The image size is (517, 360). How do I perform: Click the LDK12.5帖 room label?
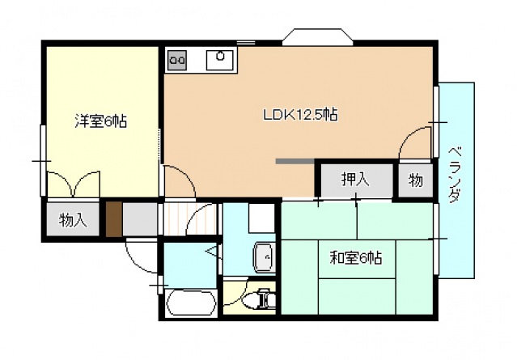(x=300, y=115)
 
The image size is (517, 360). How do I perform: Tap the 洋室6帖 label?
(x=100, y=121)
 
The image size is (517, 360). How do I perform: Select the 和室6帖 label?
(x=356, y=259)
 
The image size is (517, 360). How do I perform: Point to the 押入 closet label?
(x=354, y=180)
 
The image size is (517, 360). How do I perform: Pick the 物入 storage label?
(x=74, y=219)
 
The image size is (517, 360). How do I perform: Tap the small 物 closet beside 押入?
(x=415, y=180)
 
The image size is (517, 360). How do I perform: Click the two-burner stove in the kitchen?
(x=177, y=59)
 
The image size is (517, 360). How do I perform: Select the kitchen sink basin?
(x=220, y=58)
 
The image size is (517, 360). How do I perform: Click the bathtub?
(x=191, y=304)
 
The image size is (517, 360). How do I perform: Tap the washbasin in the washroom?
(x=264, y=257)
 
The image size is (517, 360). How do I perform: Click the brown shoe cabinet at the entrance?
(x=114, y=218)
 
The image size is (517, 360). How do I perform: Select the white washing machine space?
(x=261, y=218)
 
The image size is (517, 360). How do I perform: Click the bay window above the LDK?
(x=318, y=36)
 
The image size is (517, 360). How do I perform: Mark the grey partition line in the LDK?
(x=295, y=161)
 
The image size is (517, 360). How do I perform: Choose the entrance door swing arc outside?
(x=139, y=257)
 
